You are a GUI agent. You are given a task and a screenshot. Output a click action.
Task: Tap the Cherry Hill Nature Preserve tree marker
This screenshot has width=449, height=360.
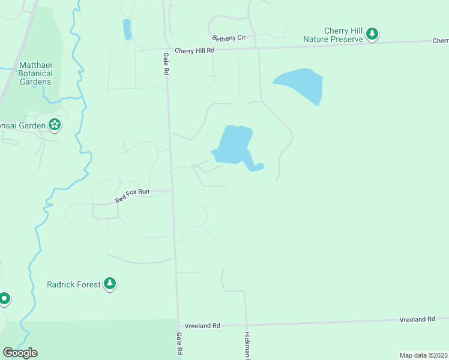(373, 34)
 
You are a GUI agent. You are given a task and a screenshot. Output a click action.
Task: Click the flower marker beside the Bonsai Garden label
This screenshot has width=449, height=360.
(55, 125)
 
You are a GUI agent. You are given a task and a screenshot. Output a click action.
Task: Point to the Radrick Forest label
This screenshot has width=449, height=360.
(74, 284)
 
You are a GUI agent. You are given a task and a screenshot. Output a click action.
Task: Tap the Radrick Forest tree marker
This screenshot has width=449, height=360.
(109, 283)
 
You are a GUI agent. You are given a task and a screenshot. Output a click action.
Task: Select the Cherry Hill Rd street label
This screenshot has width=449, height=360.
(194, 51)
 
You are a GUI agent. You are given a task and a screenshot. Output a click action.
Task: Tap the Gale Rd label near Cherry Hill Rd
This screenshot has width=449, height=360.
(165, 63)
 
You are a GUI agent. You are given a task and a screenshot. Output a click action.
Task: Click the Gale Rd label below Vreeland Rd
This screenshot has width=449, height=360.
(179, 344)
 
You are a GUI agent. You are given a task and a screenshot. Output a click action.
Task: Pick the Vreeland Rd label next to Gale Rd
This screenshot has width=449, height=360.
(202, 325)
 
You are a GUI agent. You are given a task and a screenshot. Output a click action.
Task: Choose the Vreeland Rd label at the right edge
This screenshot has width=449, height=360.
(417, 320)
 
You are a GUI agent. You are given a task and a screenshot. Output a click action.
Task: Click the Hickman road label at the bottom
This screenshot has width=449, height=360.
(247, 345)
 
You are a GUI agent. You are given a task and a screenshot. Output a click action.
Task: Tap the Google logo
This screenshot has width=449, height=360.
(20, 352)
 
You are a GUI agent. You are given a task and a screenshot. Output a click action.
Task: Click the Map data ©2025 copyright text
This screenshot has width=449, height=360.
(423, 355)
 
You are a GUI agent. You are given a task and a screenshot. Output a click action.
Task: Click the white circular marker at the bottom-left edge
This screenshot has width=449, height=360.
(4, 298)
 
